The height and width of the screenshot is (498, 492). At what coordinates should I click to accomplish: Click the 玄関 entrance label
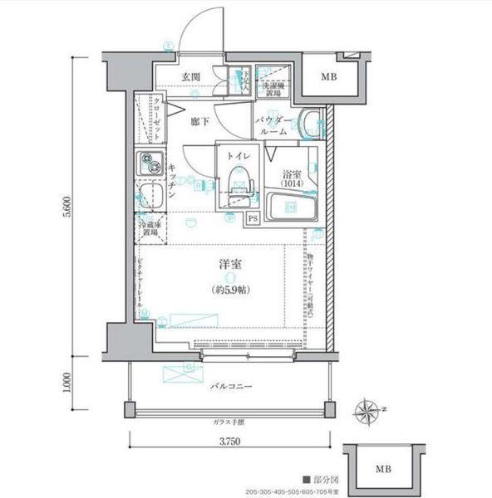tap(190, 77)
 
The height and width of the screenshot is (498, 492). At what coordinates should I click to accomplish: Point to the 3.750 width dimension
tap(229, 442)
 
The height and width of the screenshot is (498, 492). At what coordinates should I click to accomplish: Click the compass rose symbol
tap(368, 409)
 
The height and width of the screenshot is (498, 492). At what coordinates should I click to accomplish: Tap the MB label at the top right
tap(331, 78)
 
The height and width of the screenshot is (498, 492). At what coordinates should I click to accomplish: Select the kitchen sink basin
tap(148, 198)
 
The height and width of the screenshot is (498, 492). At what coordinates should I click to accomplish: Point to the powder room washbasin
tap(312, 124)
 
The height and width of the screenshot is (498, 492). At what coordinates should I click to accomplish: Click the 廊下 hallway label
tap(197, 121)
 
